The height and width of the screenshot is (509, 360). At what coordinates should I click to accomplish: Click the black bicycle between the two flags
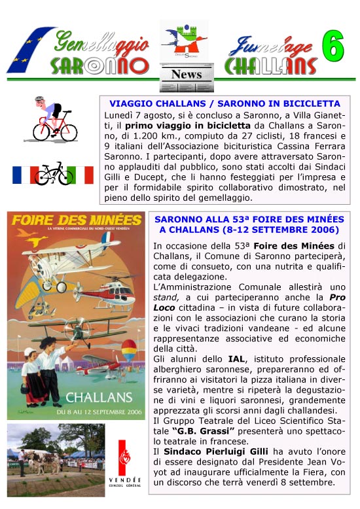pyautogui.click(x=54, y=173)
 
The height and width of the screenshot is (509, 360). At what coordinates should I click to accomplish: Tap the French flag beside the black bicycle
pyautogui.click(x=24, y=175)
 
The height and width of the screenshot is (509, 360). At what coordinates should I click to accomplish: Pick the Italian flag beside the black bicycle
pyautogui.click(x=83, y=175)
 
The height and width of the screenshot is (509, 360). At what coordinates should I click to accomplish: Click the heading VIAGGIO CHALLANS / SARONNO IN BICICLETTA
pyautogui.click(x=225, y=103)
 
